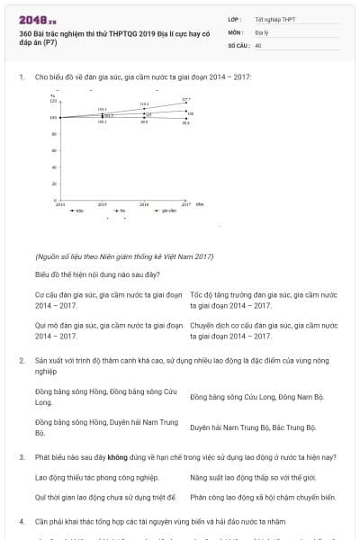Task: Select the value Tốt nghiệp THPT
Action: coord(274,18)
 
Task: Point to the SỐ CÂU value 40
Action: coord(258,44)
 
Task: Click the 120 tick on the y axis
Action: coord(54,101)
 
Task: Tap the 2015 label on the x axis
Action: coord(102,205)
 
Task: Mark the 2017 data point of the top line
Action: coord(186,103)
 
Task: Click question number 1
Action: coord(21,77)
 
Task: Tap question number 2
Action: coord(21,360)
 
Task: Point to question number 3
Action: coord(21,457)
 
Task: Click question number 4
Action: coord(21,521)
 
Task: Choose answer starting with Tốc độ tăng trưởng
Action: coord(263,300)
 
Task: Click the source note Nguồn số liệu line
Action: coord(124,256)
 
